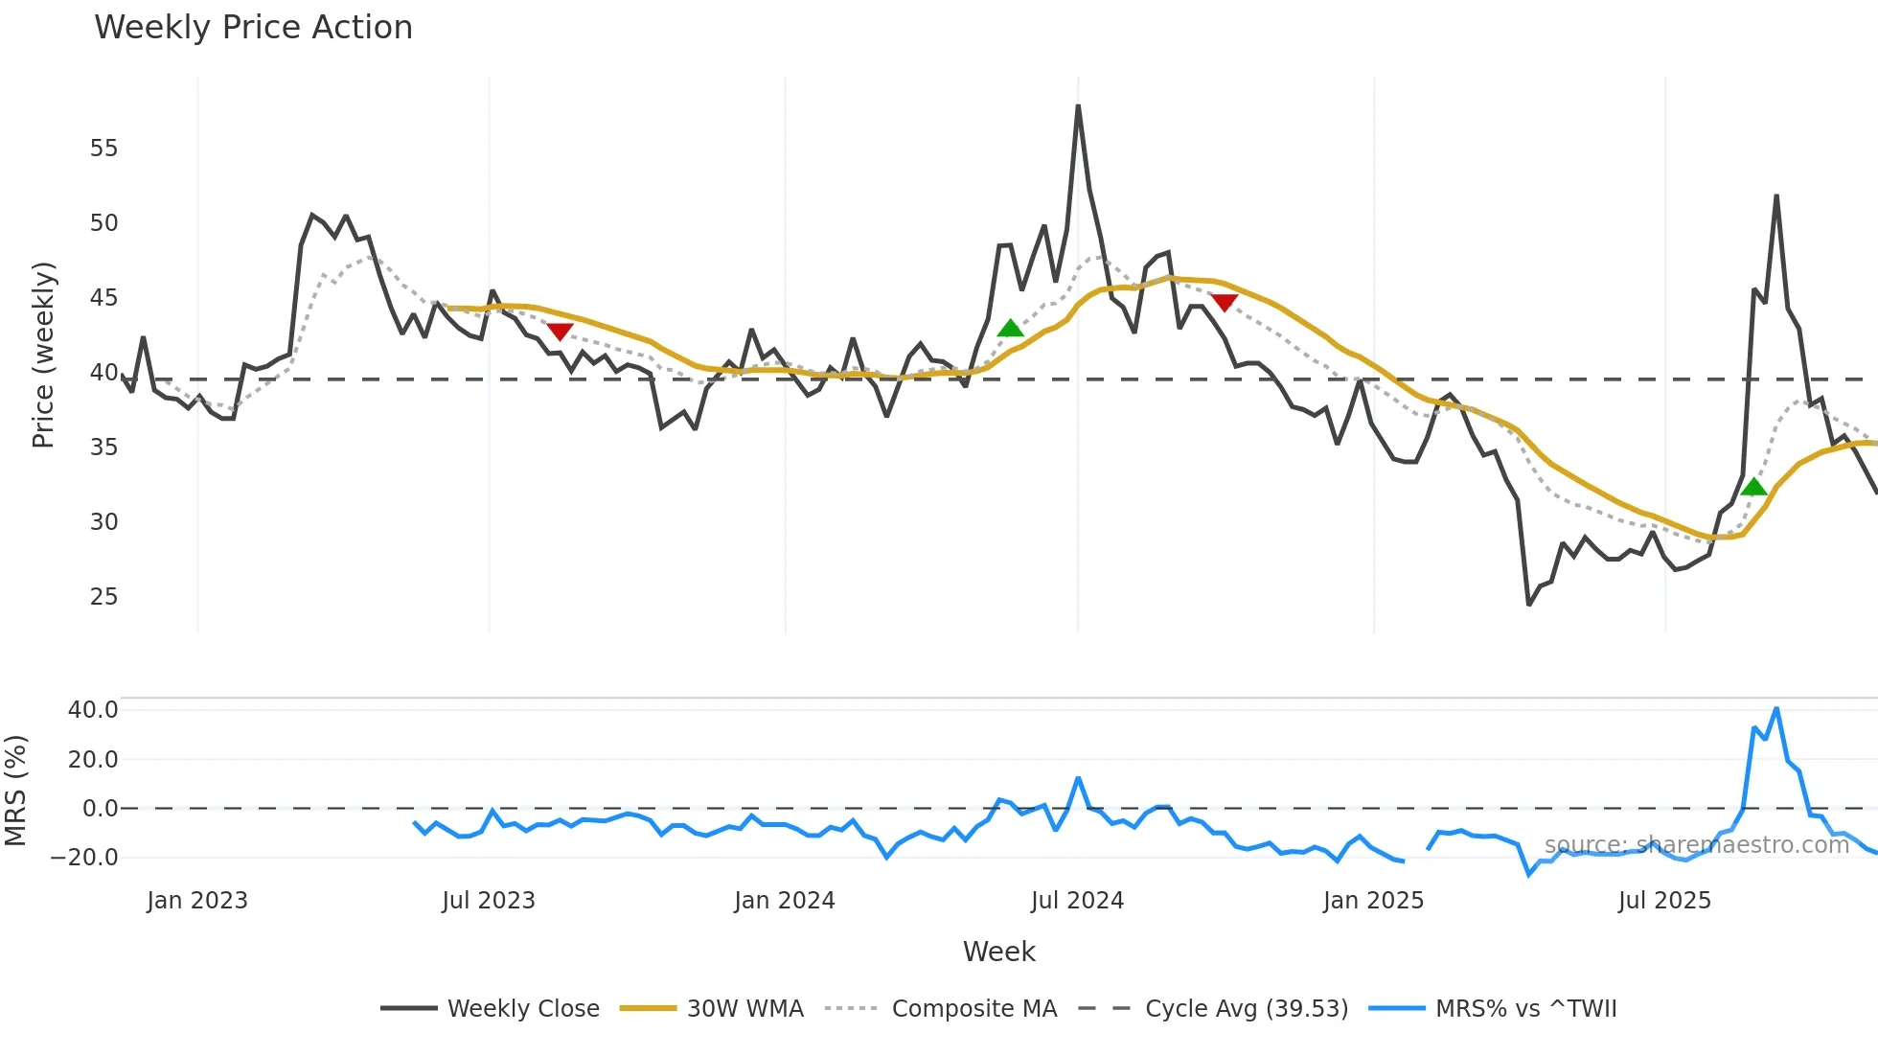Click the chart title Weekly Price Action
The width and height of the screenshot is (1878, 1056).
253,28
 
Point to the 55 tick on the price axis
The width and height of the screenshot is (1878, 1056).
104,149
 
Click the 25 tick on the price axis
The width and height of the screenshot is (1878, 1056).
104,597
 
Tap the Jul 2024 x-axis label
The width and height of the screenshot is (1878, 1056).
1077,901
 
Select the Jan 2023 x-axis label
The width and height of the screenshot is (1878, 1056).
197,901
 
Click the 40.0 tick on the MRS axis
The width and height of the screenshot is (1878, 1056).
93,710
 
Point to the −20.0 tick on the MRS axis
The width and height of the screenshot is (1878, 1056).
85,858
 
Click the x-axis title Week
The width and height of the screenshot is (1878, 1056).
998,952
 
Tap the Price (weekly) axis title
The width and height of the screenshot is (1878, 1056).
44,355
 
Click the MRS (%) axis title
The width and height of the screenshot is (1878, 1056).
16,791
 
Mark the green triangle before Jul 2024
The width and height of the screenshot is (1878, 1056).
1011,329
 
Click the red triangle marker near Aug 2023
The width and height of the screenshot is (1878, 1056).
560,332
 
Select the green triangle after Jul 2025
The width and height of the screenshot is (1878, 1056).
1753,487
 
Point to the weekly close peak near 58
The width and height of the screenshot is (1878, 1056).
1078,106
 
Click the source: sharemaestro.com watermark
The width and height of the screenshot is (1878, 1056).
1696,845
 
